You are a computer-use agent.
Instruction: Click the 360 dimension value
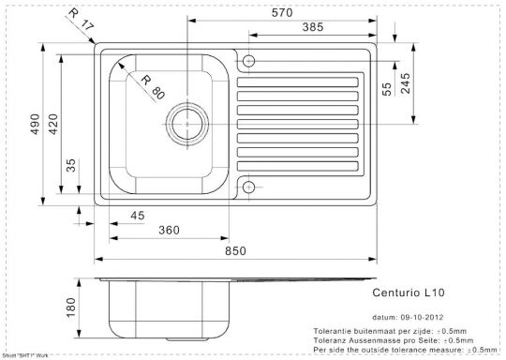tap(170, 231)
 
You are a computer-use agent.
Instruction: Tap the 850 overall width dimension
tap(236, 250)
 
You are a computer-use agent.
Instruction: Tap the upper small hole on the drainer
tap(249, 62)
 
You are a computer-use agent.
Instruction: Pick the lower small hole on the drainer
tap(249, 187)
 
